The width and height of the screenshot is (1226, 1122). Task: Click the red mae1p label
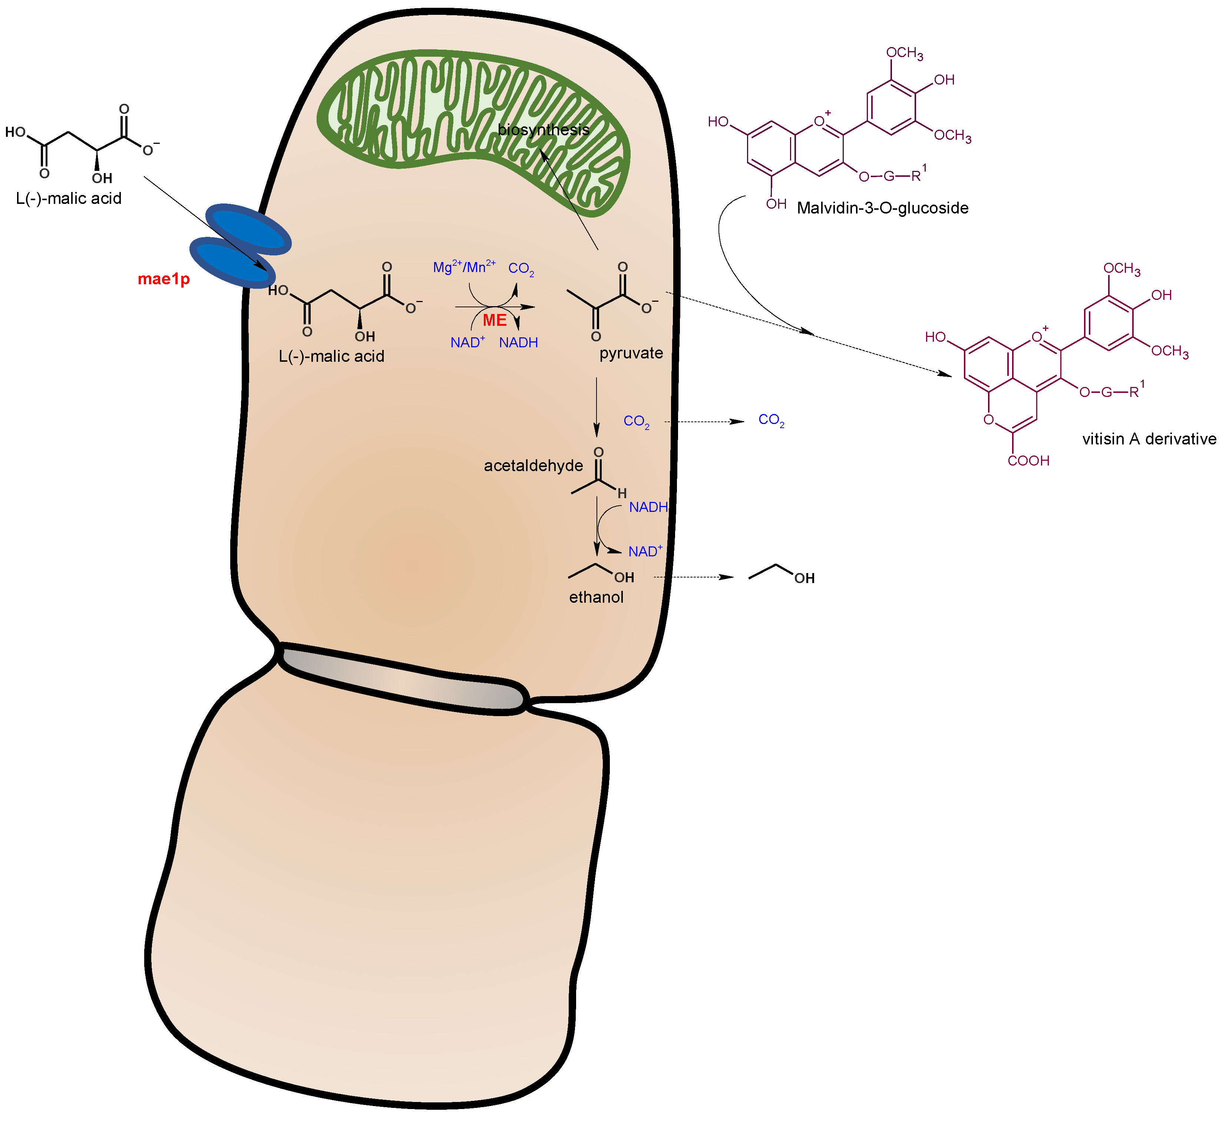163,279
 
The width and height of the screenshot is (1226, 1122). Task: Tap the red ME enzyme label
495,321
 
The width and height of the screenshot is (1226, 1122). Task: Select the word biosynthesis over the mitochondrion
543,129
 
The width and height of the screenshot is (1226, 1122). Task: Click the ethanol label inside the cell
596,597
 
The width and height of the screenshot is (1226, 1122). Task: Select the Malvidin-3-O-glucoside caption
882,208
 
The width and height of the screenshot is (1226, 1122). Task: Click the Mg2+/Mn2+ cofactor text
464,267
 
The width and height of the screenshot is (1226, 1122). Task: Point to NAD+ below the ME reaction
467,342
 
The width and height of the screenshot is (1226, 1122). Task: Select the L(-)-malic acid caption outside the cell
69,198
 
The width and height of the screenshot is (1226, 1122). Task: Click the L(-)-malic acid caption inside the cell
331,356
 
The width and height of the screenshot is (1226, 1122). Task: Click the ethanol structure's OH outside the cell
804,578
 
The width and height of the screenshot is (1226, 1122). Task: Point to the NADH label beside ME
518,343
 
